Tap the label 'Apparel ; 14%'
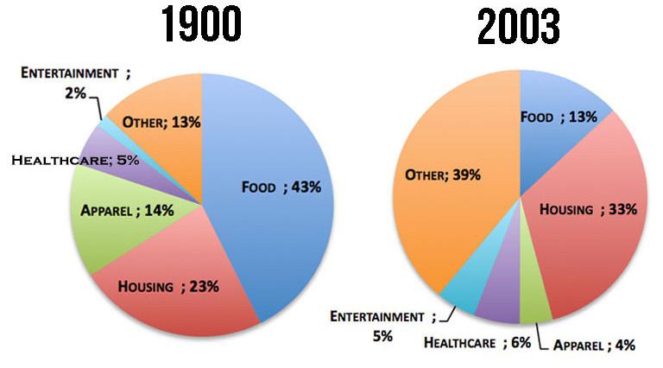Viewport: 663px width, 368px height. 121,209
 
